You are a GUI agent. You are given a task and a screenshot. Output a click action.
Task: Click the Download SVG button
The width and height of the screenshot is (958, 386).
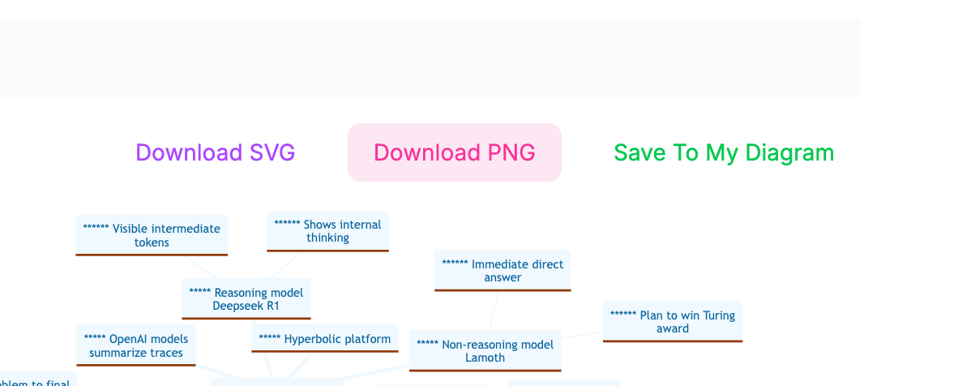[x=215, y=152]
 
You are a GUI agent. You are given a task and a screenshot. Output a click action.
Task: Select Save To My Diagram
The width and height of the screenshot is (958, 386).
[x=723, y=152]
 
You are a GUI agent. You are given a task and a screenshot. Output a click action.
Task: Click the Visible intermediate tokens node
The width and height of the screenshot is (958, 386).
[x=152, y=235]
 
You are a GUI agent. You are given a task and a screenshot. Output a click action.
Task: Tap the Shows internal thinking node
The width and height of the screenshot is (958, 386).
[x=327, y=231]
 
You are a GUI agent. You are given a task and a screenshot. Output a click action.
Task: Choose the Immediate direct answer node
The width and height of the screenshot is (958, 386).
[x=503, y=270]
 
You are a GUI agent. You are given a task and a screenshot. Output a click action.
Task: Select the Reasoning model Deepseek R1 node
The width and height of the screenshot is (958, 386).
[x=246, y=299]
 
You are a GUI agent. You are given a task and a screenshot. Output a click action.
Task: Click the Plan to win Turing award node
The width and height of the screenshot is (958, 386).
[x=672, y=322]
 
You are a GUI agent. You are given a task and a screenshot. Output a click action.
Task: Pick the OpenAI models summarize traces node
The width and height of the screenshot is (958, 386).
[x=136, y=345]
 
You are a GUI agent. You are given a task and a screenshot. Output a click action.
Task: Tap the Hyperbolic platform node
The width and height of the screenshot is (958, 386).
[x=324, y=339]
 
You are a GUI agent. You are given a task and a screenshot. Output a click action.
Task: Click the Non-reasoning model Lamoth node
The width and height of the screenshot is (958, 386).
[x=485, y=350]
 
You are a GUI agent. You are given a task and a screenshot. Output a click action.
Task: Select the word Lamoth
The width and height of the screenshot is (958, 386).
[x=485, y=358]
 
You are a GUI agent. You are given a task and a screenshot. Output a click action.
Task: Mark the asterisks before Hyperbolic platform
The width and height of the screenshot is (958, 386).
[x=269, y=339]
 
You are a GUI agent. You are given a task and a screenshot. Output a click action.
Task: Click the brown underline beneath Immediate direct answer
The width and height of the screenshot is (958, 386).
[x=503, y=289]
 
